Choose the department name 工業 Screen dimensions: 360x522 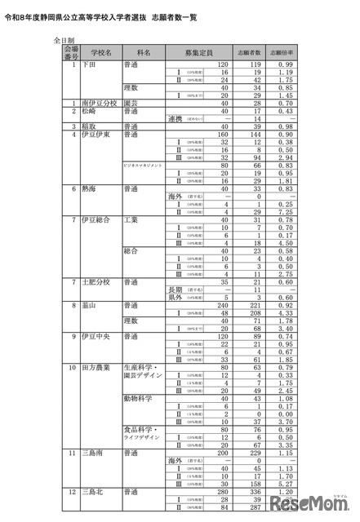[x=131, y=220]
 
